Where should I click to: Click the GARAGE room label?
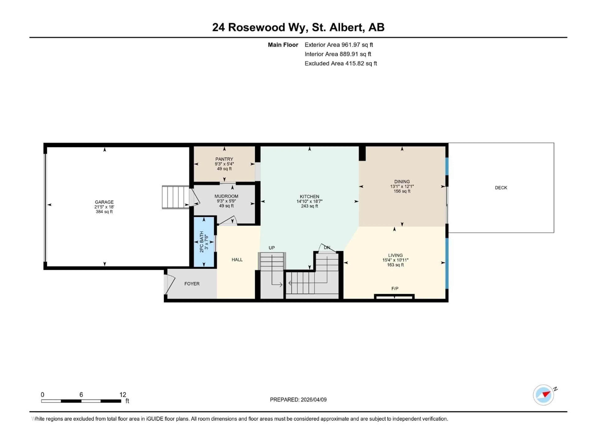coord(104,202)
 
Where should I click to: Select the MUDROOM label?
coord(226,196)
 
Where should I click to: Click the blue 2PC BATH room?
coord(204,242)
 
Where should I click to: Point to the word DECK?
coord(501,188)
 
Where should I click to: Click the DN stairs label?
coord(327,248)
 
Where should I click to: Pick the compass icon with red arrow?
coord(543,395)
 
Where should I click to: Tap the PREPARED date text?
coord(298,400)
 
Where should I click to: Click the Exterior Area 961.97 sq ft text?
coord(339,45)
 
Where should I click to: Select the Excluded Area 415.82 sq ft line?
coord(341,63)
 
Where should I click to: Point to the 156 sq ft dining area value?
coord(402,191)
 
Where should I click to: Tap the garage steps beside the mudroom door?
coord(175,197)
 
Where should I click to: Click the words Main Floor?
coord(283,45)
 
